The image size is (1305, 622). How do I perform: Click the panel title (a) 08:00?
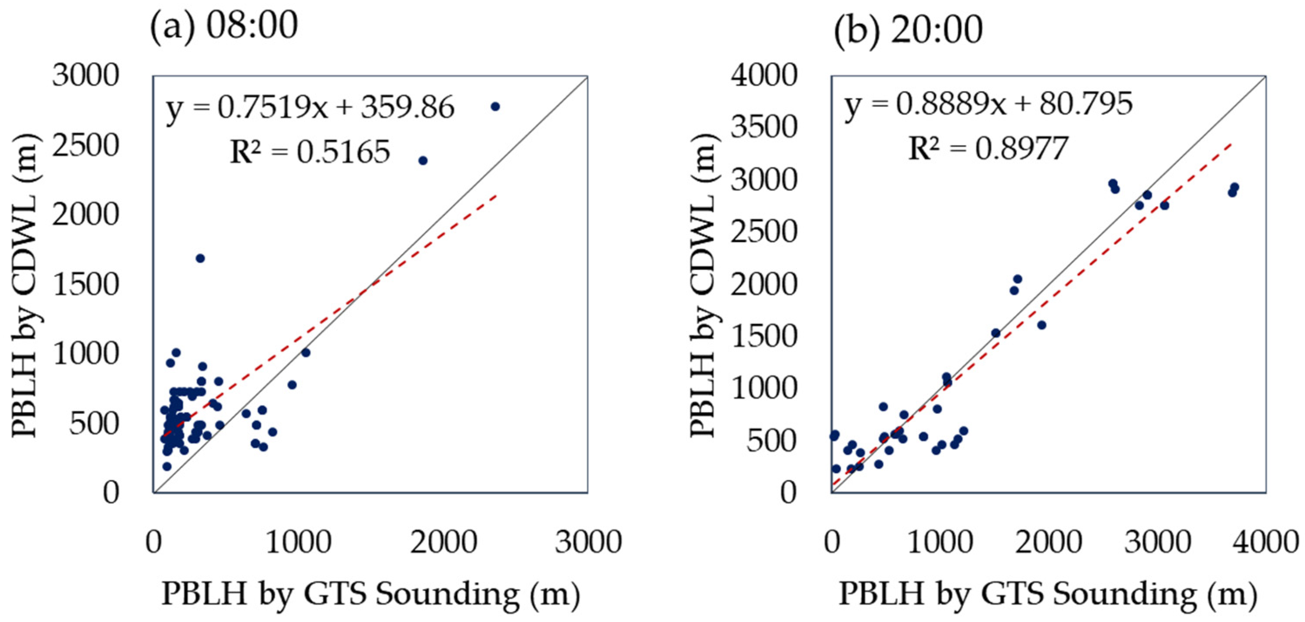[x=223, y=27]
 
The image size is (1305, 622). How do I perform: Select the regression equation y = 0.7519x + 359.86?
[x=310, y=108]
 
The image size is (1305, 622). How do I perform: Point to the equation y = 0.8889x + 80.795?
[x=988, y=104]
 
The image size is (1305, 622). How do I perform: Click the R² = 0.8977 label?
[x=988, y=149]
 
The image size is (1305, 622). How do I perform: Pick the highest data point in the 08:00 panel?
[x=495, y=106]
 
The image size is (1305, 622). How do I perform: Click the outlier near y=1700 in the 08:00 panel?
[x=200, y=258]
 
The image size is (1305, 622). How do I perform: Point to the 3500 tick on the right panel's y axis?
[x=764, y=127]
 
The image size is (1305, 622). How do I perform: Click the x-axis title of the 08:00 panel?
[x=370, y=594]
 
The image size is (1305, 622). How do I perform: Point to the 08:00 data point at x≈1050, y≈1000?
[x=306, y=353]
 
